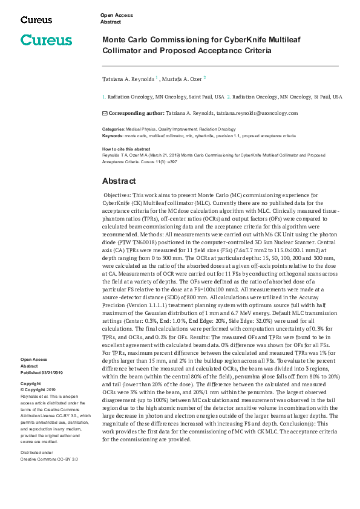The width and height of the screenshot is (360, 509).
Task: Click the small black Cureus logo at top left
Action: [x=36, y=19]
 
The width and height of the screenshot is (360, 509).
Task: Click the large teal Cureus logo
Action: [x=46, y=41]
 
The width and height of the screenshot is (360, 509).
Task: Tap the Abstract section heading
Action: [x=119, y=181]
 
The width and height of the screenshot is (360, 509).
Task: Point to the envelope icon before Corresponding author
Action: [x=104, y=113]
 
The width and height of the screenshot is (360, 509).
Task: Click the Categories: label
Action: [x=113, y=129]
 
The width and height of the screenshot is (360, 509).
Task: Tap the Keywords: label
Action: [x=113, y=136]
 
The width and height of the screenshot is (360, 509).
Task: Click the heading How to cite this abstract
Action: [x=126, y=149]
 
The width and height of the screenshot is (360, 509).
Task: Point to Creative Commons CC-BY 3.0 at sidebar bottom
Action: [x=49, y=459]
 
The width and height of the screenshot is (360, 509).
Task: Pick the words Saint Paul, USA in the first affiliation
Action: [x=204, y=97]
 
